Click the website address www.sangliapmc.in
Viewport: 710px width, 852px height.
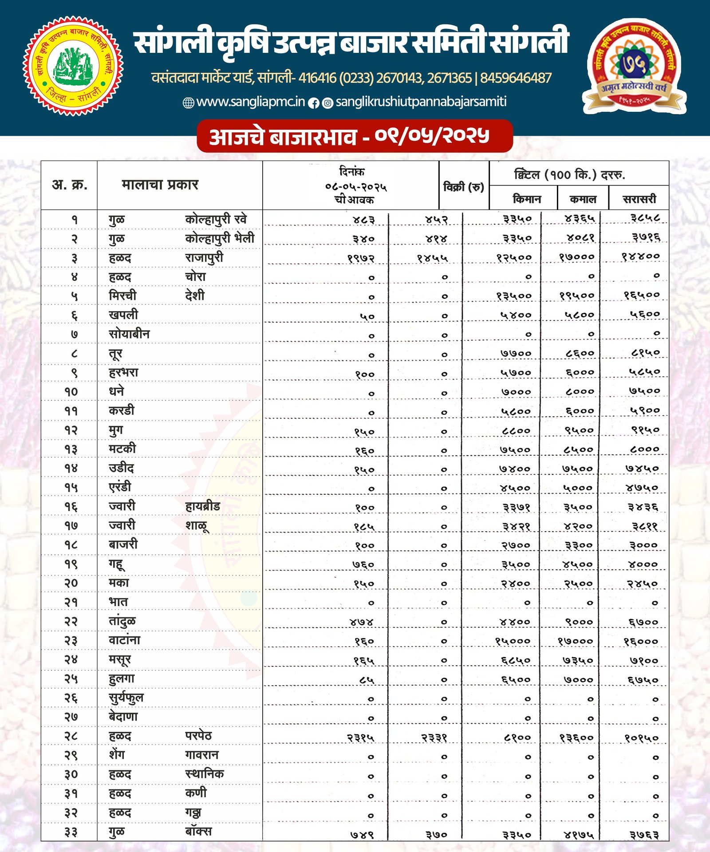click(250, 102)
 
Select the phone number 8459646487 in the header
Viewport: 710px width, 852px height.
click(516, 78)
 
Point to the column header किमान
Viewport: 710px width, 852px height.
click(527, 199)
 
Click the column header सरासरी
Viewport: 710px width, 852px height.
click(639, 199)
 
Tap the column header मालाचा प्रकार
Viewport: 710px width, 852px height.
click(160, 184)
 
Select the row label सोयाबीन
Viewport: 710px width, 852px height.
click(129, 334)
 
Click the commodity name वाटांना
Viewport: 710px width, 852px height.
click(124, 640)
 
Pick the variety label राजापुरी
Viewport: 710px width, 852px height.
click(204, 257)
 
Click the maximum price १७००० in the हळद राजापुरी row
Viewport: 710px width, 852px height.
click(576, 257)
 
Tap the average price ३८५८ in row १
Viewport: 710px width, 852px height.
click(645, 218)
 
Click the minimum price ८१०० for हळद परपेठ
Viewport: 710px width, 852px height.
click(517, 737)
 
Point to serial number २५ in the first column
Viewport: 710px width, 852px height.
click(71, 679)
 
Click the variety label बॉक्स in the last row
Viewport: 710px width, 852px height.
click(198, 831)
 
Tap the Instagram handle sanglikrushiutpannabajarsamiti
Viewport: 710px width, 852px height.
click(421, 102)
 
